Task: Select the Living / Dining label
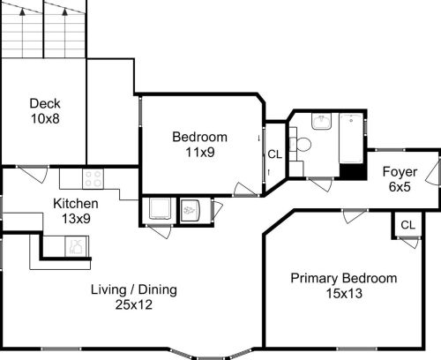[135, 289]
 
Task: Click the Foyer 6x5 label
[400, 179]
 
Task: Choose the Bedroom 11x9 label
[199, 144]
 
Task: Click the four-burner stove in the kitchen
[93, 179]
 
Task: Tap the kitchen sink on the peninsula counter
[78, 249]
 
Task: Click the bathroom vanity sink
[321, 123]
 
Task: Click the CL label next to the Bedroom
[275, 154]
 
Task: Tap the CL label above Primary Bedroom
[407, 225]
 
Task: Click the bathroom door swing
[319, 184]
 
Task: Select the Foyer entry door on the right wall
[433, 170]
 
